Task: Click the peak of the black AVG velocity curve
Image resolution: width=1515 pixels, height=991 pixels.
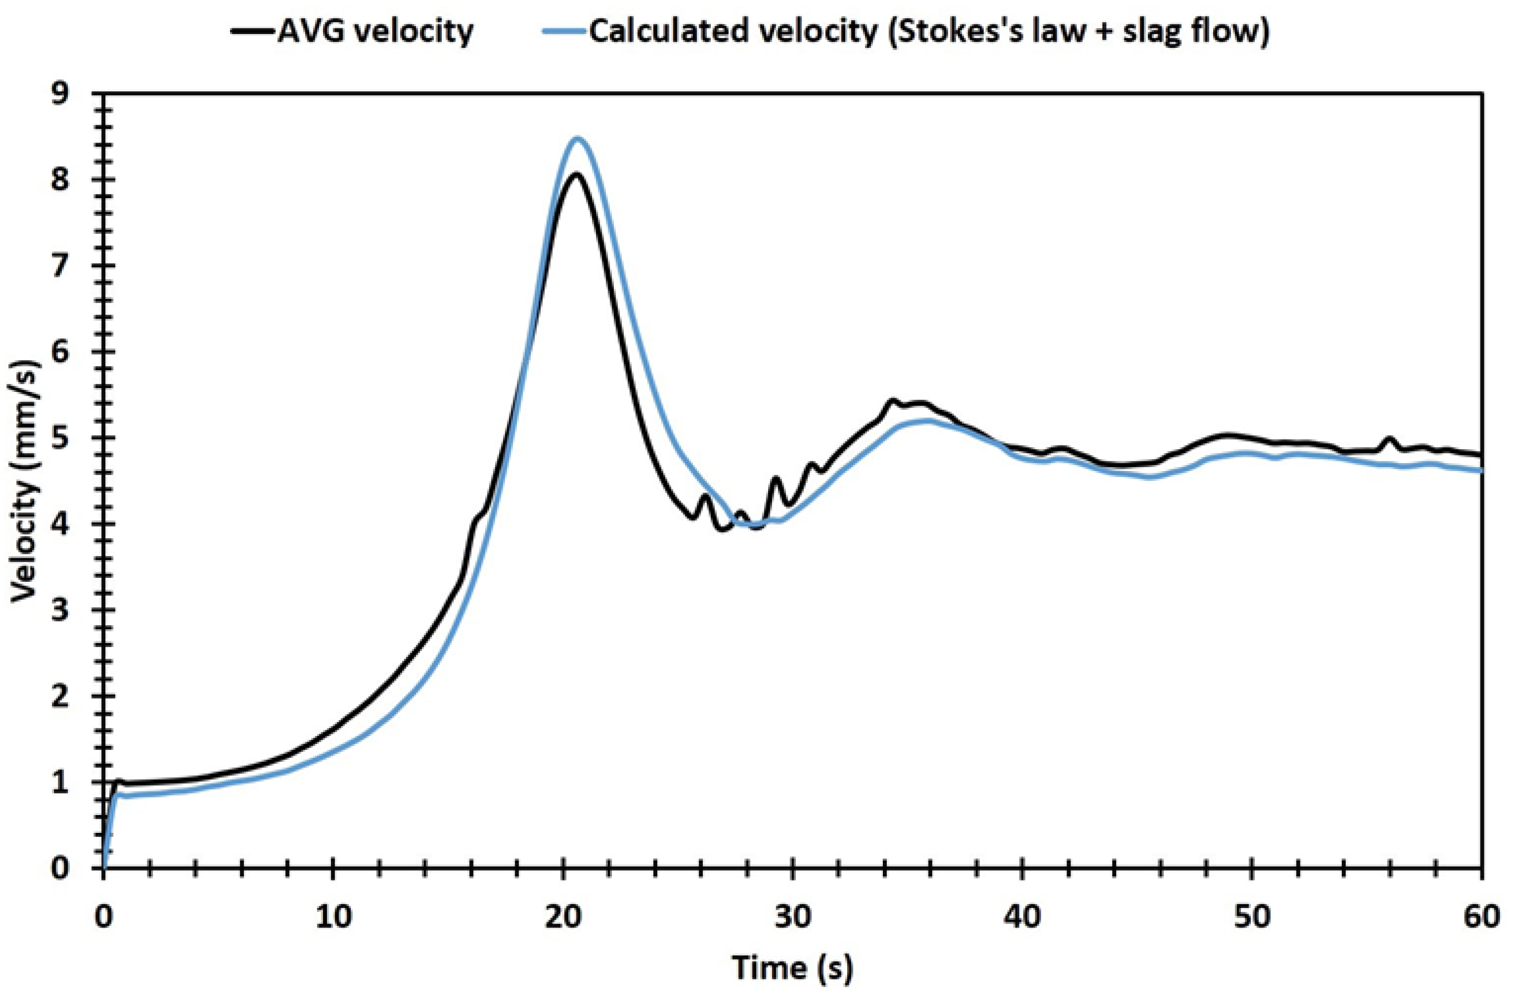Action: point(575,174)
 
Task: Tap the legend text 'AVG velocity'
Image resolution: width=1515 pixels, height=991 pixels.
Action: point(375,31)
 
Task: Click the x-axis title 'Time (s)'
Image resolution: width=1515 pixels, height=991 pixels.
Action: point(792,968)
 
